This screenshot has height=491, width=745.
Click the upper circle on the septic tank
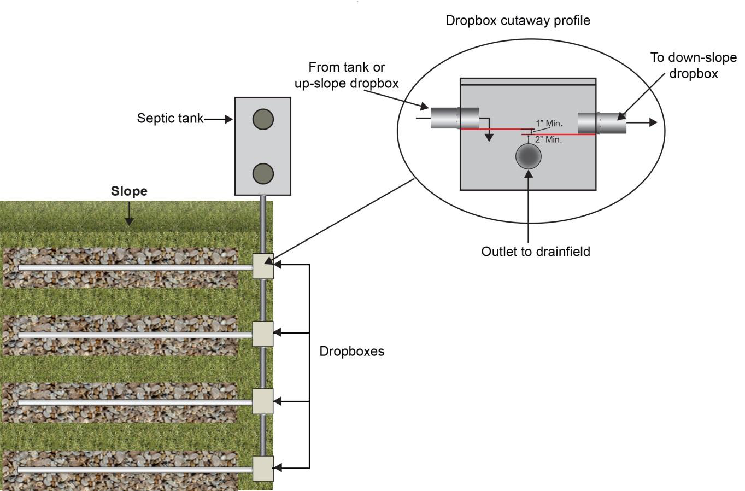click(263, 119)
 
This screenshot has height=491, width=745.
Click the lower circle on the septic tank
click(263, 173)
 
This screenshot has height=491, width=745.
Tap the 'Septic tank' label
click(170, 118)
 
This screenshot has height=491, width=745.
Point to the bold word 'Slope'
click(129, 191)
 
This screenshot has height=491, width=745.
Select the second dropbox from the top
click(263, 334)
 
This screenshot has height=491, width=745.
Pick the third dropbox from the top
click(263, 401)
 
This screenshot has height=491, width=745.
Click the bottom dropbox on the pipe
click(263, 469)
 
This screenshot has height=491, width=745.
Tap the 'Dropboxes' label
click(351, 351)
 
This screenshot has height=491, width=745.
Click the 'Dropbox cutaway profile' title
click(518, 21)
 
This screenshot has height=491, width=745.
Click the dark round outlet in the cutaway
click(529, 156)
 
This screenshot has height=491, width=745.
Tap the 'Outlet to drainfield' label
click(536, 252)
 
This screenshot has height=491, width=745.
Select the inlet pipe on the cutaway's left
click(455, 118)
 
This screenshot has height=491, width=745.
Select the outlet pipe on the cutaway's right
click(602, 123)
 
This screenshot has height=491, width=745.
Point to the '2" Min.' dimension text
click(548, 140)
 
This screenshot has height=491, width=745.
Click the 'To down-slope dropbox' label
click(693, 65)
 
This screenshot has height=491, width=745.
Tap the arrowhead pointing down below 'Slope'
click(129, 221)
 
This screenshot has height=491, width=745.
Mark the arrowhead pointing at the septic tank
click(230, 119)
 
